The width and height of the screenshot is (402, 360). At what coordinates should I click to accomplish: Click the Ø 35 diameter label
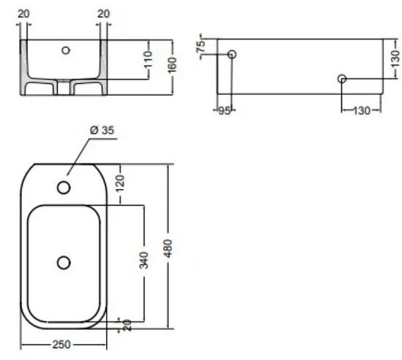click(x=102, y=131)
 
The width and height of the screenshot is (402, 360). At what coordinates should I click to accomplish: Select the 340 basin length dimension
click(x=143, y=258)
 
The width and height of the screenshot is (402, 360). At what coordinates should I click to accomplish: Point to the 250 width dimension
click(x=64, y=345)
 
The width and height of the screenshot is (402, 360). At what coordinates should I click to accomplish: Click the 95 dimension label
click(x=225, y=111)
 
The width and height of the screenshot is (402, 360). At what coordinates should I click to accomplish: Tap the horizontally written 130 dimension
click(x=361, y=110)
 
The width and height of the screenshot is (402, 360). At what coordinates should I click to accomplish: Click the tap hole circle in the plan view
click(x=64, y=188)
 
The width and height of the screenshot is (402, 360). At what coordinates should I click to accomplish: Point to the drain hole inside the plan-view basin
click(x=64, y=261)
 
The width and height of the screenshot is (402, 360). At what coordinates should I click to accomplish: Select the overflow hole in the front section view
click(x=67, y=50)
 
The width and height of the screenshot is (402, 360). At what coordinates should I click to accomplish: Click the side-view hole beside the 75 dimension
click(x=232, y=55)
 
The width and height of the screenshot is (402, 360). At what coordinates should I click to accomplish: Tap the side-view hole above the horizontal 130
click(x=341, y=79)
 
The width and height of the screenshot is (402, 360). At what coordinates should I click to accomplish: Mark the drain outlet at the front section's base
click(x=64, y=87)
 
